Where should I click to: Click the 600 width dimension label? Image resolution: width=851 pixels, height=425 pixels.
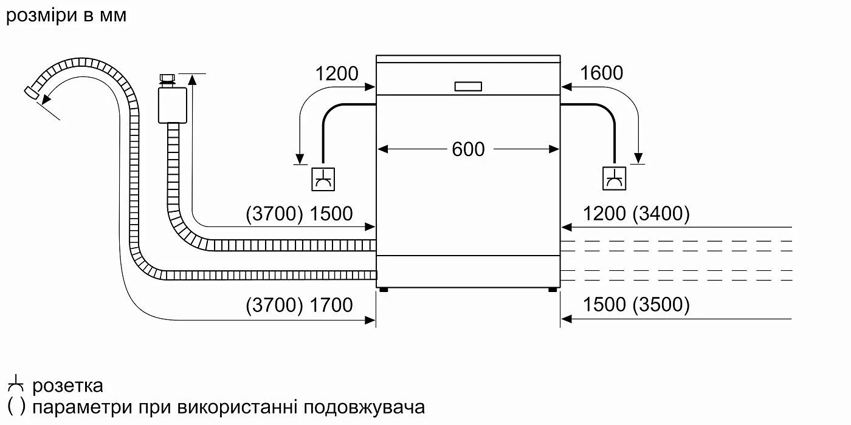click(x=468, y=149)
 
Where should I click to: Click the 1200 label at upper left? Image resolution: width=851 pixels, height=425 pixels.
click(x=337, y=73)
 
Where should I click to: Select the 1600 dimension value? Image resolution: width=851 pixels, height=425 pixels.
click(x=601, y=73)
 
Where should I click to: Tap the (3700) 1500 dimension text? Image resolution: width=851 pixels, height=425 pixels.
click(x=299, y=214)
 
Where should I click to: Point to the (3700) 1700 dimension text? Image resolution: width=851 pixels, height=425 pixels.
click(x=299, y=305)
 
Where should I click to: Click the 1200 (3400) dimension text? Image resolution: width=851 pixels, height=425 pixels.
click(x=636, y=214)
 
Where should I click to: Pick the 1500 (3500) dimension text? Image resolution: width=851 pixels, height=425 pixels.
click(x=636, y=305)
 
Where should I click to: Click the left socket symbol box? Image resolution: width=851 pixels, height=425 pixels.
click(x=323, y=178)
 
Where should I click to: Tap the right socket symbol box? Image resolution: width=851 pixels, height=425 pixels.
click(x=614, y=178)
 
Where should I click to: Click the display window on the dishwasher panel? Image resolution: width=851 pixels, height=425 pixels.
click(x=468, y=87)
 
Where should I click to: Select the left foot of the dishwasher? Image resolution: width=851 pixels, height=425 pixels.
click(x=384, y=290)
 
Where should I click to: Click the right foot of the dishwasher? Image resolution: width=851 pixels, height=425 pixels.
click(x=552, y=290)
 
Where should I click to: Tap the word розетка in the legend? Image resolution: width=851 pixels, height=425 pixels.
click(x=67, y=386)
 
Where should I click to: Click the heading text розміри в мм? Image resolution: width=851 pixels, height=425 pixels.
click(x=66, y=15)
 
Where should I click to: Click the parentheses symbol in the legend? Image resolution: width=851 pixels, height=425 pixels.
click(x=16, y=406)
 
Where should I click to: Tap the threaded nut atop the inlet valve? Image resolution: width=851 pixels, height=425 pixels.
click(x=167, y=78)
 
